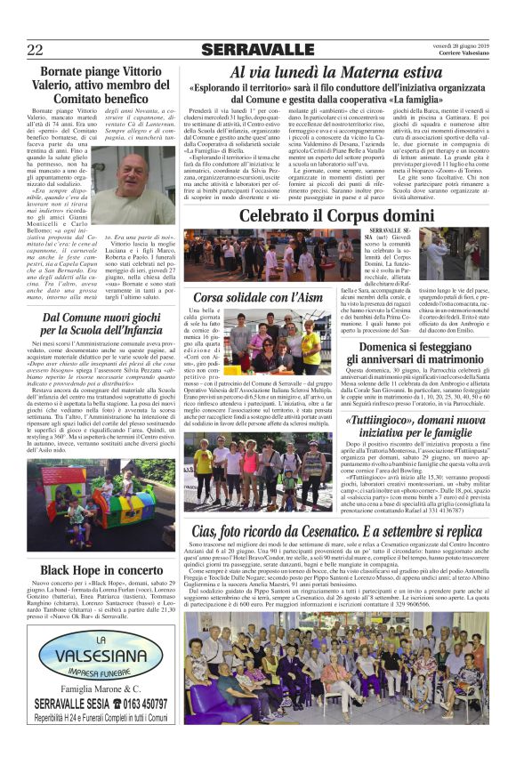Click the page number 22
[x=36, y=48]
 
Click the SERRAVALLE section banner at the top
[x=258, y=49]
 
